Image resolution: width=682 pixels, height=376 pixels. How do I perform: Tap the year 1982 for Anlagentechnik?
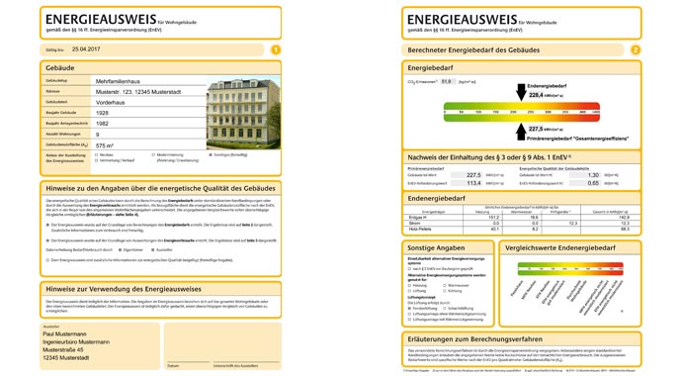click(104, 123)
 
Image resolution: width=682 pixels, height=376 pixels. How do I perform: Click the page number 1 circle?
click(275, 48)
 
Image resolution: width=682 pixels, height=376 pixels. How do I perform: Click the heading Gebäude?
click(60, 67)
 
